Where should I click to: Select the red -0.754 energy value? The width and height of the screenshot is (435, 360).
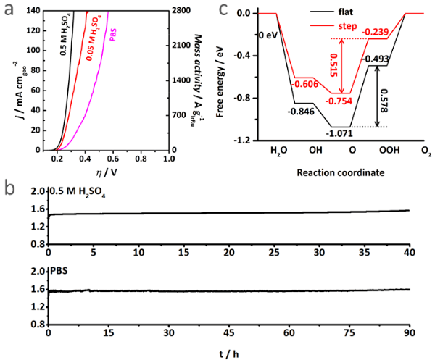click(339, 101)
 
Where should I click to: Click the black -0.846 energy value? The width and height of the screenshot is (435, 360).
click(302, 112)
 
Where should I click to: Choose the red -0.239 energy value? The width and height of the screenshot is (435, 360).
click(376, 32)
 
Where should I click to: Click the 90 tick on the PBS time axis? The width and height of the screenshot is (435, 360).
click(410, 335)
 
